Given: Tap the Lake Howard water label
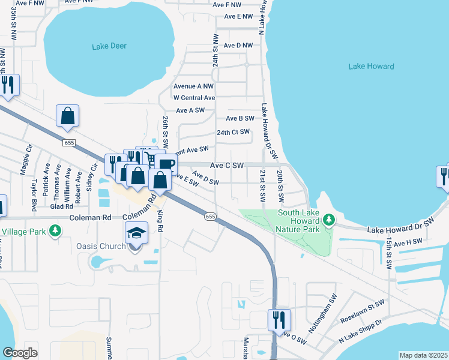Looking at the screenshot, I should pyautogui.click(x=371, y=66).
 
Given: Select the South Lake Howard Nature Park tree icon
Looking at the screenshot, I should pyautogui.click(x=328, y=220).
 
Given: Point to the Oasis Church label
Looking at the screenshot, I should pyautogui.click(x=100, y=246).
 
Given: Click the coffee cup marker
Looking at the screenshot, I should pyautogui.click(x=166, y=164).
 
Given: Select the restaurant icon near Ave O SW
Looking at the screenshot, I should pyautogui.click(x=279, y=319).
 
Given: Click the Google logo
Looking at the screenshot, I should pyautogui.click(x=20, y=352).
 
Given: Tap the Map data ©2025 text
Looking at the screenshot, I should pyautogui.click(x=423, y=355).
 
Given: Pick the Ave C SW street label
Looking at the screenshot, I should pyautogui.click(x=227, y=165).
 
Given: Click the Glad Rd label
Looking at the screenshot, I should pyautogui.click(x=61, y=206).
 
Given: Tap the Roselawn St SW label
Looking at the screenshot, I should pyautogui.click(x=361, y=312).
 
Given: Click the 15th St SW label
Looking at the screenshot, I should pyautogui.click(x=390, y=251).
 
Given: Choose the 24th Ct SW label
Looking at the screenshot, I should pyautogui.click(x=233, y=132).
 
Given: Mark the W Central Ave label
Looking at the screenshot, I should pyautogui.click(x=194, y=98).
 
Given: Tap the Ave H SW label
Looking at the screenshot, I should pyautogui.click(x=409, y=242).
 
